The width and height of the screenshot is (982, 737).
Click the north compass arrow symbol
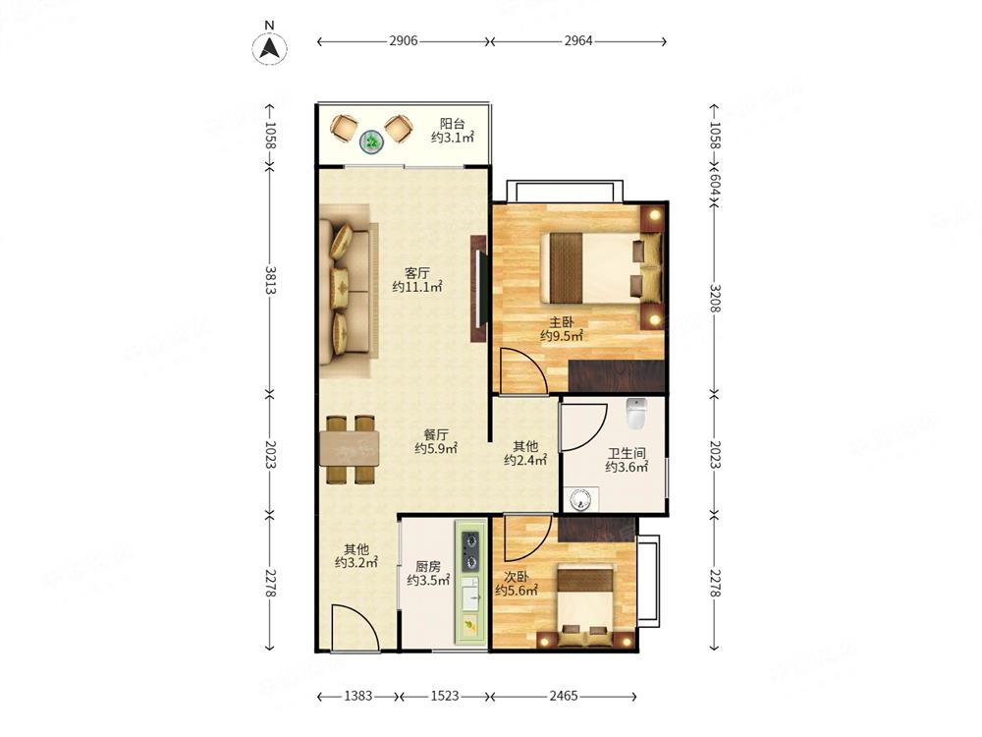pos(269,47)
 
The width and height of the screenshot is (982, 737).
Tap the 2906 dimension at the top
pos(404,41)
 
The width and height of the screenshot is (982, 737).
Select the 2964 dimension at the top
pos(578,41)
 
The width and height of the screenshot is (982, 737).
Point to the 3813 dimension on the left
pos(270,280)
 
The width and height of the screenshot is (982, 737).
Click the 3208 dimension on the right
pos(715,298)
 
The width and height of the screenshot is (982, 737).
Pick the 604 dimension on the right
pos(715,184)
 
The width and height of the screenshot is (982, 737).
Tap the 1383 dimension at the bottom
pos(358,696)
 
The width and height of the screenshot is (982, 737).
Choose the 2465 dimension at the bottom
pos(563,696)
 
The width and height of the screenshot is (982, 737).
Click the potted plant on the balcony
pos(372,142)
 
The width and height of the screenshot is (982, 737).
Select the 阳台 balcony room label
pos(452,124)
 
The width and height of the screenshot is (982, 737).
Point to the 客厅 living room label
pos(417,273)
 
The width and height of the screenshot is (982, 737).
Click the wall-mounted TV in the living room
pos(478,288)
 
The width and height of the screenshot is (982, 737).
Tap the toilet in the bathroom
pos(635,413)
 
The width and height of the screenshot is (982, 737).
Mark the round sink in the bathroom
pos(581,500)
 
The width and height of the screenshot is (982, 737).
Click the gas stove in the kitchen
pos(470,550)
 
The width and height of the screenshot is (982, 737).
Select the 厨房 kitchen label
pos(428,567)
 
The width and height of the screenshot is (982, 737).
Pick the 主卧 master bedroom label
pos(561,322)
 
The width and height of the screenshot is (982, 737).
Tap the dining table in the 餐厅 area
pos(350,449)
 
